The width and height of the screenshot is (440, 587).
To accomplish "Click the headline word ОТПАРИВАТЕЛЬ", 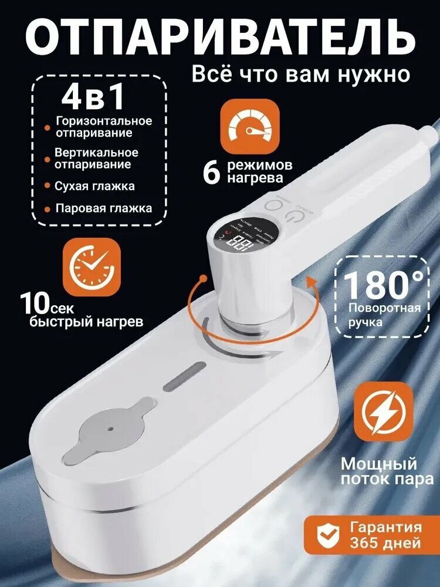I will pyautogui.click(x=220, y=36).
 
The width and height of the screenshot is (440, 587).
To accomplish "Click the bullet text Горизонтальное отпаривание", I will pyautogui.click(x=103, y=127).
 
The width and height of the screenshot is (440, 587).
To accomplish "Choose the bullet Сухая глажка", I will pyautogui.click(x=94, y=186).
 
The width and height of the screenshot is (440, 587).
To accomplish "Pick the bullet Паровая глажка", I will pyautogui.click(x=103, y=208).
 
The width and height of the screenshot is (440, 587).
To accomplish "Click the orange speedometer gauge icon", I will pyautogui.click(x=249, y=126).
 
